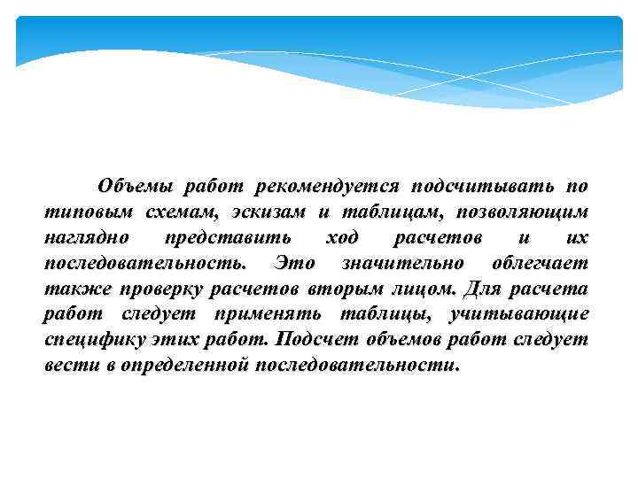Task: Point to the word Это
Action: [x=293, y=264]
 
